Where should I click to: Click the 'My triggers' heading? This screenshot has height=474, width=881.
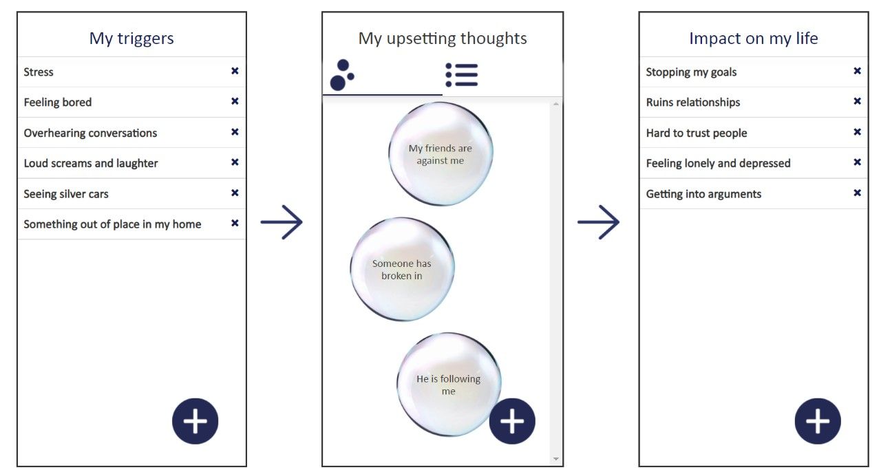point(131,39)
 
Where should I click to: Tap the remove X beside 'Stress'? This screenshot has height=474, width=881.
point(235,71)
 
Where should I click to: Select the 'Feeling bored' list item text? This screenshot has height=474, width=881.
point(58,103)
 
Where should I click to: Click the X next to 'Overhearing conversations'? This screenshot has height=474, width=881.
point(235,131)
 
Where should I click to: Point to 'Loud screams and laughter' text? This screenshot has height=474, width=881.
point(91,163)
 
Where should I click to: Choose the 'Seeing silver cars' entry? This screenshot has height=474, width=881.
point(66,194)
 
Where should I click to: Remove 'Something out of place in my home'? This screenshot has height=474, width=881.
point(235,223)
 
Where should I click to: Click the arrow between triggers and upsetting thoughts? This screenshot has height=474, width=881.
point(282,222)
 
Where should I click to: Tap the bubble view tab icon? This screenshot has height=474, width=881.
point(342,75)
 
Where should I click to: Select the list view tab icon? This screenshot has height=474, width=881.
point(461,75)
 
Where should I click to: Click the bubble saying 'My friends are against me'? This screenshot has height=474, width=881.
point(440,154)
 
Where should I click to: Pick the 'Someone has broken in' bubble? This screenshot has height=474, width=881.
point(402,270)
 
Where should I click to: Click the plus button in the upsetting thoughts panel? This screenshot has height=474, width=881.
point(512,421)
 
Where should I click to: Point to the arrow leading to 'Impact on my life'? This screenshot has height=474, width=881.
point(599,222)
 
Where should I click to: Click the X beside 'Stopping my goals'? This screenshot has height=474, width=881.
point(857,71)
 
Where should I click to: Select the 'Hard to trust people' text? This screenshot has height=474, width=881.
point(697,133)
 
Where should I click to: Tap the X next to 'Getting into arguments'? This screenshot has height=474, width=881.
point(857,193)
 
